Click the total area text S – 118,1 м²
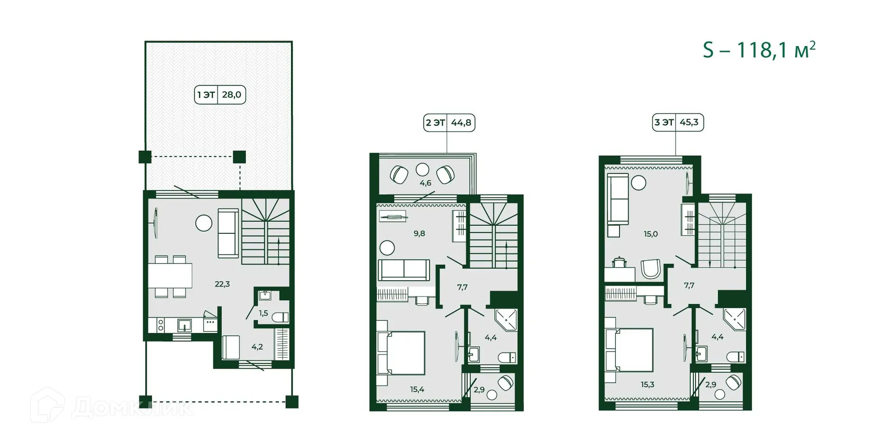click(x=759, y=50)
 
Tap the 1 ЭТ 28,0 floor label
click(x=220, y=95)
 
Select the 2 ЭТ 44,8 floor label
click(x=449, y=123)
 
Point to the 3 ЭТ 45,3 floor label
click(x=677, y=122)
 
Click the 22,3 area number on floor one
click(x=222, y=284)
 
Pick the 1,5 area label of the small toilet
click(x=264, y=313)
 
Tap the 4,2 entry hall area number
click(x=257, y=347)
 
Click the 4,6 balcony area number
click(x=425, y=183)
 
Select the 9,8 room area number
click(x=419, y=234)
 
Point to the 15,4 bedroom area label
click(x=417, y=389)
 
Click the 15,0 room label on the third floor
click(x=650, y=234)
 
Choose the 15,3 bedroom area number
click(x=647, y=385)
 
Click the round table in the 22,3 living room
click(x=203, y=223)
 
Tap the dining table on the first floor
click(x=170, y=276)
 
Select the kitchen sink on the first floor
click(x=184, y=325)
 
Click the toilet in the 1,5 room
click(x=280, y=318)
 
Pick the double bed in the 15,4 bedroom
click(x=403, y=352)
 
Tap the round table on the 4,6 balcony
click(x=422, y=169)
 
